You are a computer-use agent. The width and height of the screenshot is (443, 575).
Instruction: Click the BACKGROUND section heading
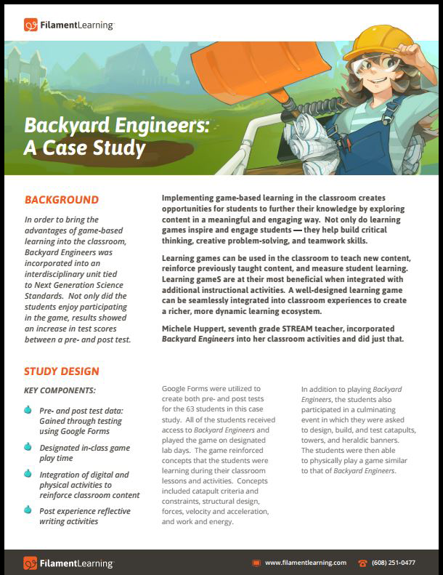pos(62,200)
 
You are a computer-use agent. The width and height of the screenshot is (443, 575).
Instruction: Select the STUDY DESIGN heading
pos(62,371)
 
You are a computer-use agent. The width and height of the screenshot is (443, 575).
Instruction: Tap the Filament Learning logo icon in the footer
pos(31,563)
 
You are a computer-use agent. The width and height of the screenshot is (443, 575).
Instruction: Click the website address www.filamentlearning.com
pos(305,563)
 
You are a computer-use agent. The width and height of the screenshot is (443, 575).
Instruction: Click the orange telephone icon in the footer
pos(362,563)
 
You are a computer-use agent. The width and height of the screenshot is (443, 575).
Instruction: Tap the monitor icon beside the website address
pos(256,563)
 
